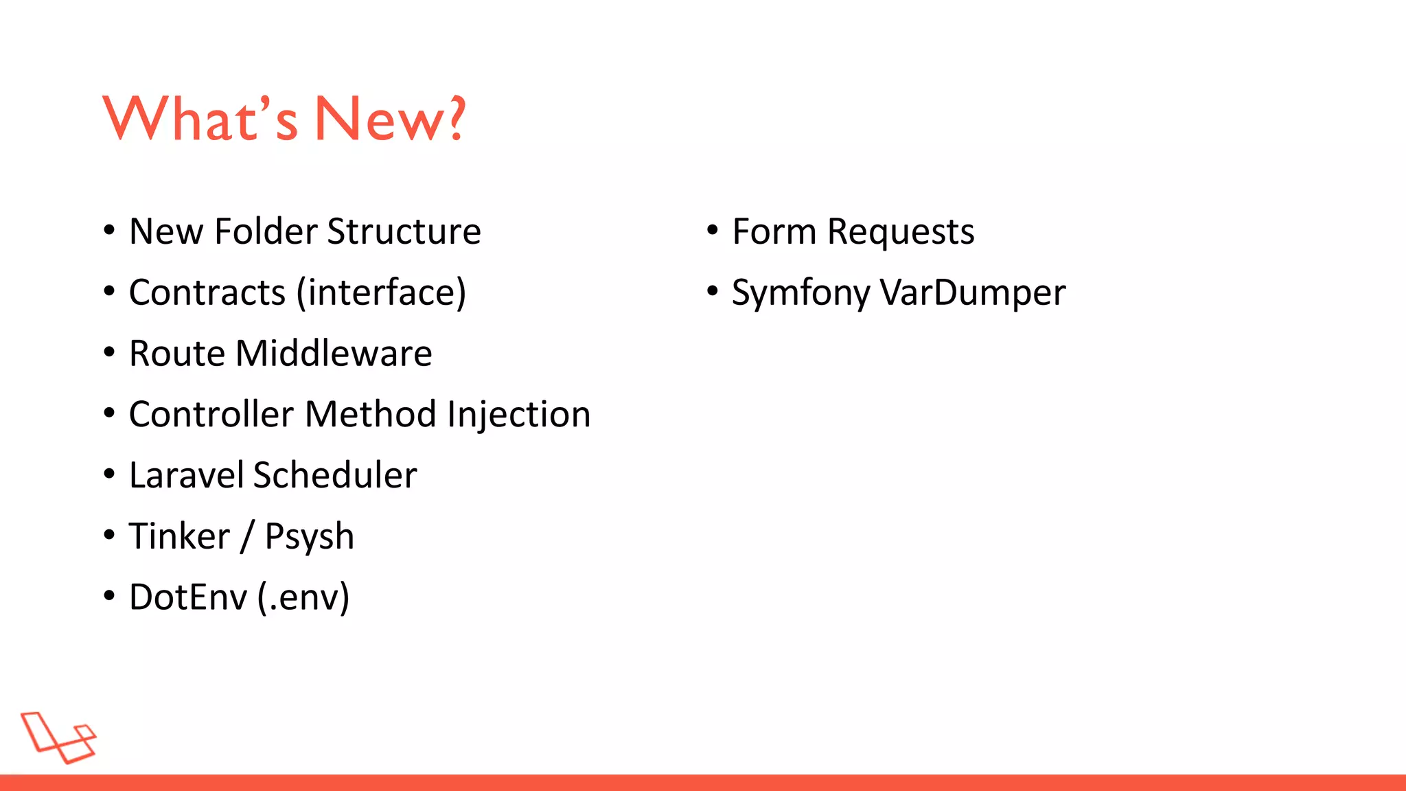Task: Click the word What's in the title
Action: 200,119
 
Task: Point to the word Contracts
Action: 207,293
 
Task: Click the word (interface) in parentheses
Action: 381,293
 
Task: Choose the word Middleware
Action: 334,354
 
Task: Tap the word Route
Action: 176,354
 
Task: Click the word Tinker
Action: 178,536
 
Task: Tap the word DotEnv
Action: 187,597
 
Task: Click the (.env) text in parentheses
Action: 303,597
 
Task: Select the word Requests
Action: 900,232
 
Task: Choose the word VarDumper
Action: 973,293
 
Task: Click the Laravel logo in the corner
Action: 58,737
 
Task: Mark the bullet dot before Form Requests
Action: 712,230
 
